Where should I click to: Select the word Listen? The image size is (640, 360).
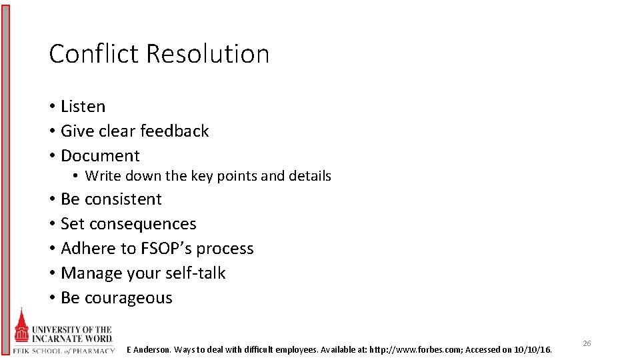pos(83,107)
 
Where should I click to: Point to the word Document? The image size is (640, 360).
pos(100,156)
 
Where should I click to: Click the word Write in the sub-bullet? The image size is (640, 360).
pos(101,176)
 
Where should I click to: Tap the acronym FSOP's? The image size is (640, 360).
pos(165,249)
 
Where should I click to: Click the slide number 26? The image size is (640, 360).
pos(587,343)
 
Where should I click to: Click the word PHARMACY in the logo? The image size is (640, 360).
pos(95,351)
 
